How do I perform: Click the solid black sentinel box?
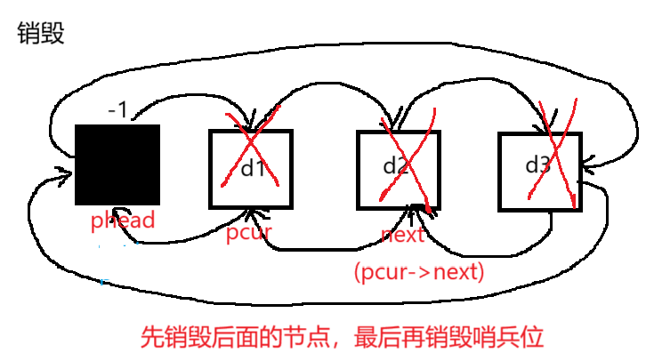pos(117,165)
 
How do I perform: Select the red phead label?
pos(123,220)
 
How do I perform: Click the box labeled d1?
pos(250,170)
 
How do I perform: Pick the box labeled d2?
pos(399,170)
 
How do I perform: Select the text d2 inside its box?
pos(396,165)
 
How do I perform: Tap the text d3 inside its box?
pos(537,164)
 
